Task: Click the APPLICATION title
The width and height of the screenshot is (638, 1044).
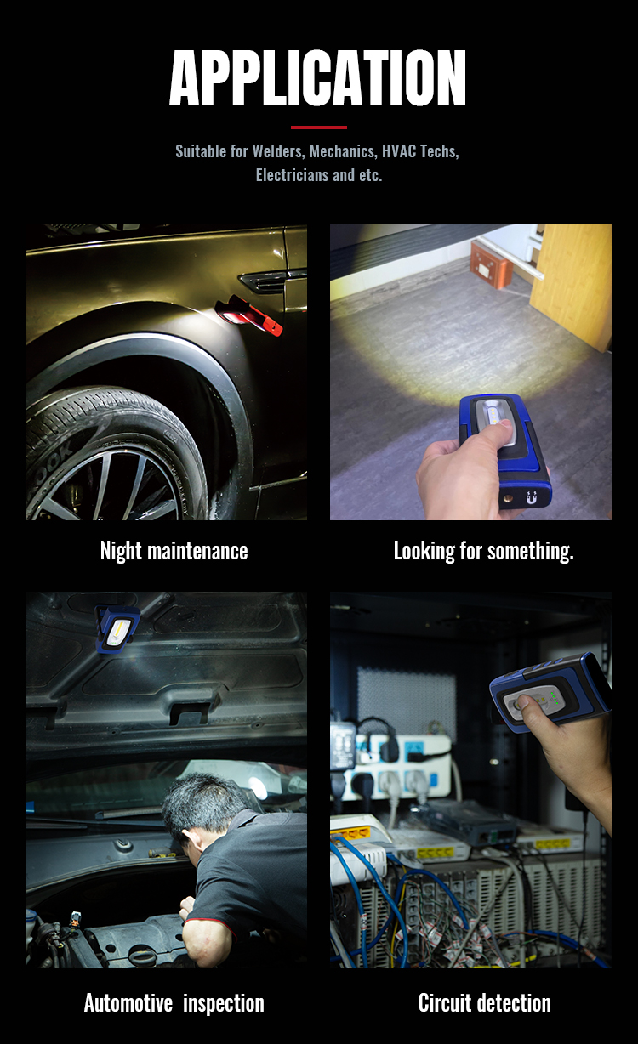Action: (317, 78)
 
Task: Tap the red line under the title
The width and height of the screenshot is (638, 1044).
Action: (319, 128)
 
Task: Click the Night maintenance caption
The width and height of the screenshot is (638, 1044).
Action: (174, 551)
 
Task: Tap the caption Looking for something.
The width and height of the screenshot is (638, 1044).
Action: (484, 551)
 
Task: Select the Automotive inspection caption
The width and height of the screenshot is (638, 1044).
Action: (174, 1003)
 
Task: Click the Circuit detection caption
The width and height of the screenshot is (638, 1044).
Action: (484, 1003)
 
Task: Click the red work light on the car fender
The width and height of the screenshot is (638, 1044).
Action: (249, 316)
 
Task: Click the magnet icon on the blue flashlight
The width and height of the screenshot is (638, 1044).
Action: (531, 497)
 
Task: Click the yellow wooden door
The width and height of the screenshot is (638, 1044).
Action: (572, 285)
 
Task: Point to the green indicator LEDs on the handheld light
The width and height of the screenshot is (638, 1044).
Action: (555, 698)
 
